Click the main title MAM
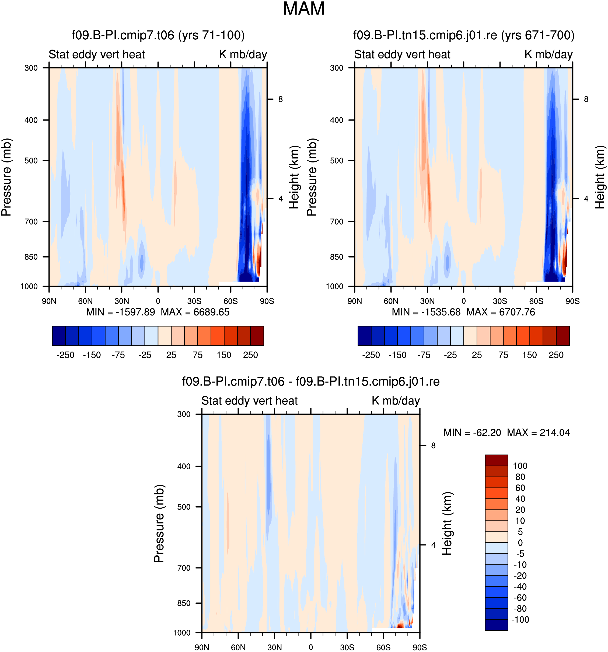(x=303, y=9)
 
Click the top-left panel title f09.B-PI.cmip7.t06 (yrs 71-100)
(x=158, y=35)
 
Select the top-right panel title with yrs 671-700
(x=464, y=35)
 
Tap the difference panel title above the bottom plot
(x=311, y=382)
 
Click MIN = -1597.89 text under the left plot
(x=120, y=312)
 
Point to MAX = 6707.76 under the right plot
(x=501, y=312)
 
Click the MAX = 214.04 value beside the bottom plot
(x=538, y=433)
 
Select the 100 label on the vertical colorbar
(x=520, y=466)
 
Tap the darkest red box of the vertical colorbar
(x=496, y=460)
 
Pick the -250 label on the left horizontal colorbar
(x=65, y=355)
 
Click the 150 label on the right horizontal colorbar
(x=529, y=355)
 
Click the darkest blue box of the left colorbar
(x=59, y=336)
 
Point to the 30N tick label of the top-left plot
(x=122, y=301)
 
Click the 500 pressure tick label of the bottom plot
(x=184, y=507)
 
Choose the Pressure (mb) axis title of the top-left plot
(x=6, y=177)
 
